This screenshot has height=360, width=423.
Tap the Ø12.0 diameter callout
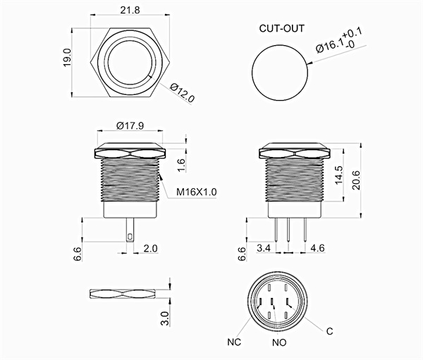click(x=182, y=91)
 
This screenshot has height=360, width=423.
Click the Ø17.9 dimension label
click(x=130, y=127)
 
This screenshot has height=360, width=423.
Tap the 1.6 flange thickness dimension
click(x=180, y=165)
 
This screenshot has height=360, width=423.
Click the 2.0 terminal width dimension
click(x=149, y=249)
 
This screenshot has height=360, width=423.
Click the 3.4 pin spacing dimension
click(x=265, y=249)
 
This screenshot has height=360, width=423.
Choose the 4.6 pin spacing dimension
click(x=317, y=249)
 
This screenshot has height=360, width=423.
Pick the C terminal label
click(x=329, y=330)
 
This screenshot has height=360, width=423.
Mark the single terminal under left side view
click(x=130, y=230)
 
